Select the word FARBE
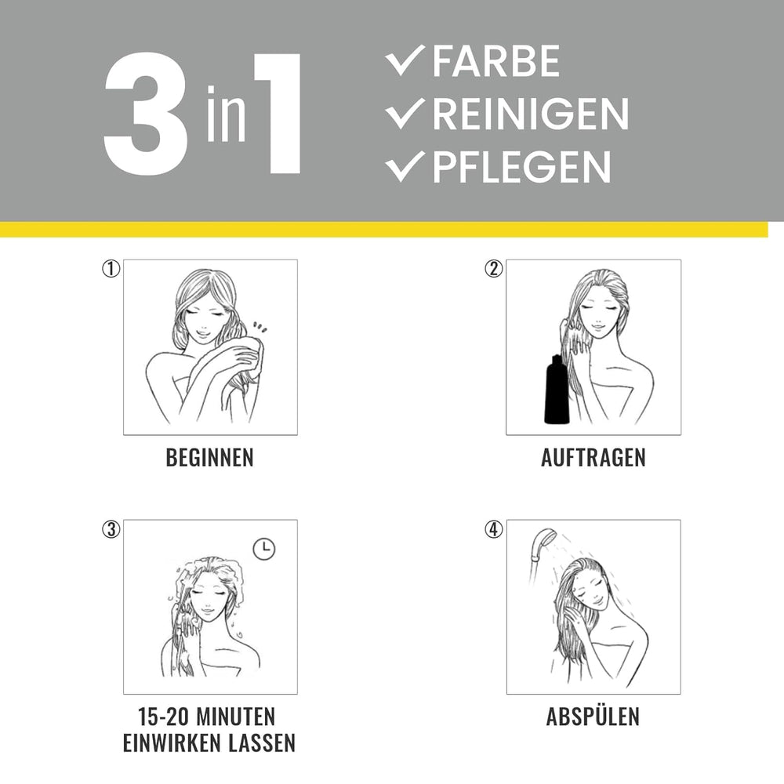[495, 63]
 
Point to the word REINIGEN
[530, 114]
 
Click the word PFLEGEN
[521, 166]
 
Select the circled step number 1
[111, 269]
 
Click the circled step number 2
[493, 269]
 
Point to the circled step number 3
[111, 529]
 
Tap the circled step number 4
[493, 529]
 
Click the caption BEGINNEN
[209, 458]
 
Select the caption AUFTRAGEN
[593, 458]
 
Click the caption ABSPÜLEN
[593, 717]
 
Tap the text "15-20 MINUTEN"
[209, 717]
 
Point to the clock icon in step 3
[265, 549]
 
